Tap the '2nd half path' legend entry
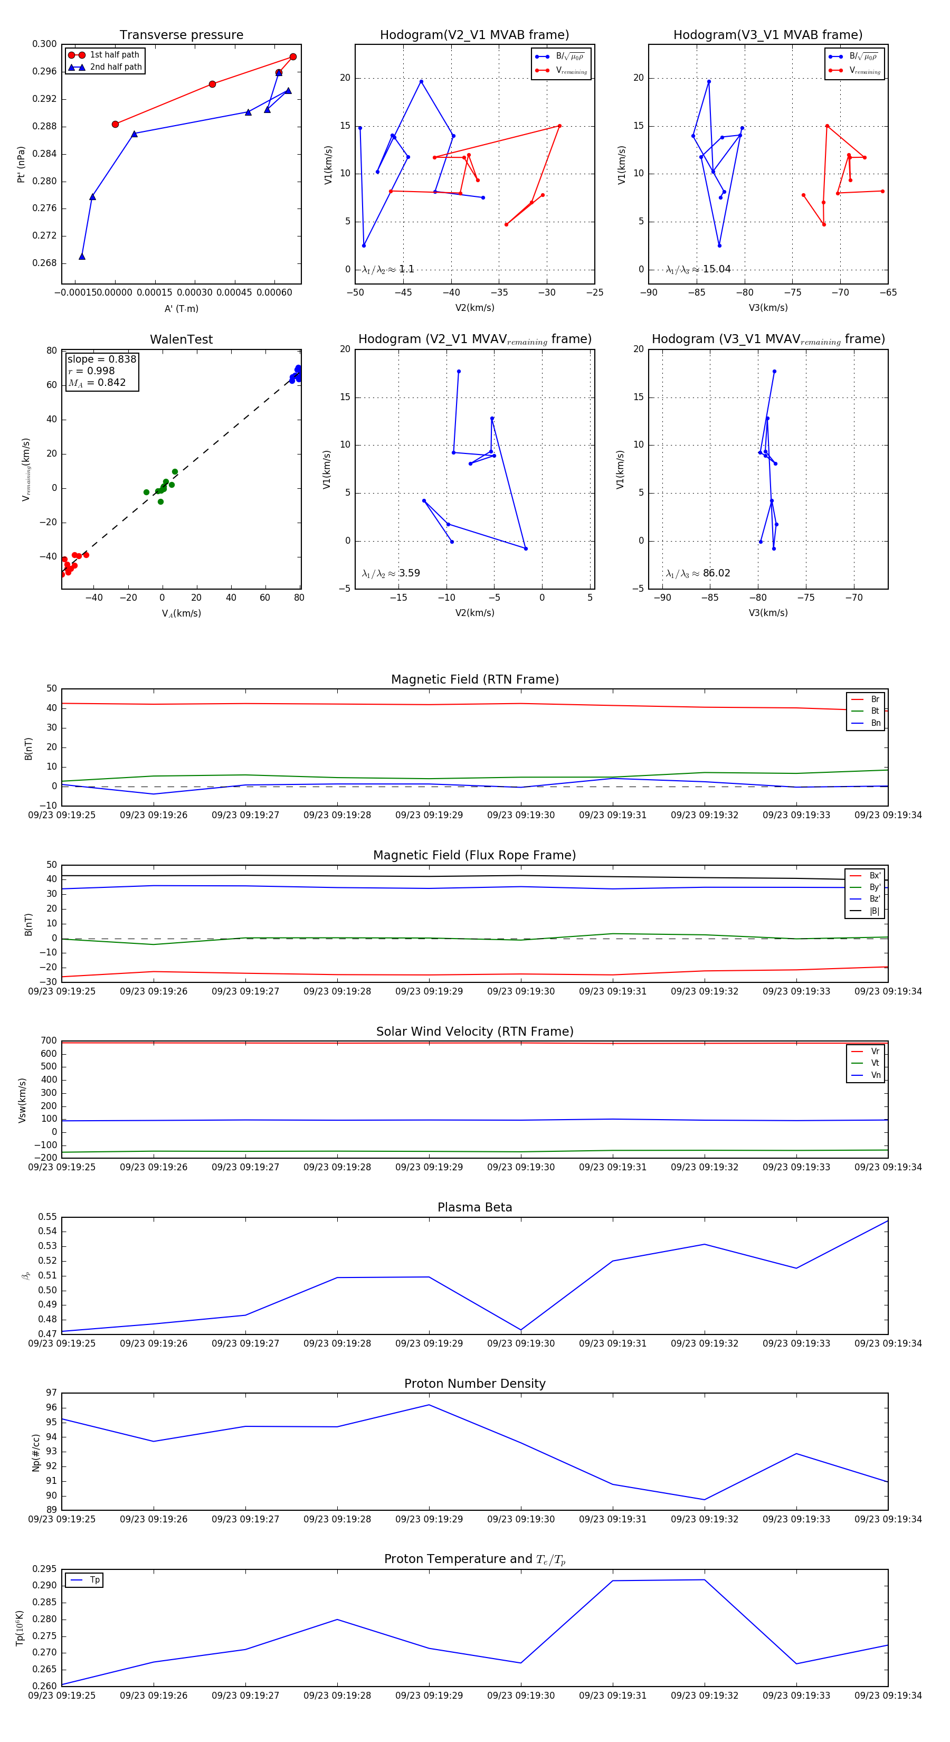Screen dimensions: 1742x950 pyautogui.click(x=116, y=67)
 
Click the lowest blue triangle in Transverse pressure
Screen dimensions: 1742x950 pyautogui.click(x=82, y=257)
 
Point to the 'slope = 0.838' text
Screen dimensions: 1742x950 pyautogui.click(x=101, y=359)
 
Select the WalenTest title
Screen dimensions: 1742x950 pyautogui.click(x=181, y=339)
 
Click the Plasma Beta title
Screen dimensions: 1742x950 pyautogui.click(x=474, y=1208)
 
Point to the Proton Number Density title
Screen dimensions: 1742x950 pyautogui.click(x=474, y=1384)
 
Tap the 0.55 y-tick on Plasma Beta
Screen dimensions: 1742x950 pyautogui.click(x=47, y=1217)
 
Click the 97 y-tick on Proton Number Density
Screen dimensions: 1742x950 pyautogui.click(x=51, y=1393)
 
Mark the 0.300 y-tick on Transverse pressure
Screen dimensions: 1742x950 pyautogui.click(x=45, y=44)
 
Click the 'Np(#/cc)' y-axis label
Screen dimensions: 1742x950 pyautogui.click(x=36, y=1453)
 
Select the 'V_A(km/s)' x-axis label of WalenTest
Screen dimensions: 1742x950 pyautogui.click(x=181, y=613)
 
